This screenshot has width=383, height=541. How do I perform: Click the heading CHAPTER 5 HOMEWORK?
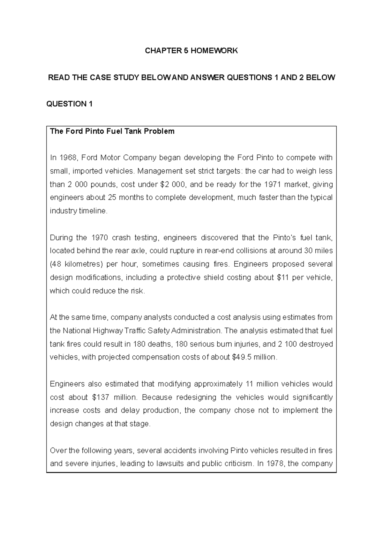(x=191, y=51)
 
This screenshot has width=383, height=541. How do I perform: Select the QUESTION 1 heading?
(x=70, y=104)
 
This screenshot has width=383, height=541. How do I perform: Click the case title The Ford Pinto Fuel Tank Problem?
(x=112, y=131)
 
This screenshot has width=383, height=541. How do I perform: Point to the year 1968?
(x=68, y=158)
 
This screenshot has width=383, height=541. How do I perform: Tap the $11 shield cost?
(x=283, y=278)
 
